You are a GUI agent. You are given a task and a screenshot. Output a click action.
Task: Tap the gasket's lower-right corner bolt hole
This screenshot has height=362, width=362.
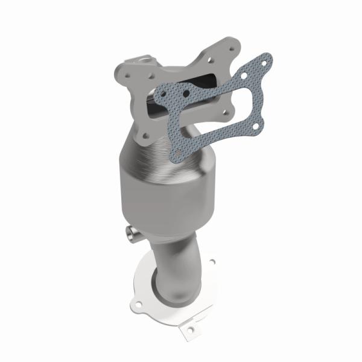click(x=256, y=127)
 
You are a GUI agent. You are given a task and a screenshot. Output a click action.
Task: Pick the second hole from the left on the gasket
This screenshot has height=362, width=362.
click(x=185, y=94)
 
